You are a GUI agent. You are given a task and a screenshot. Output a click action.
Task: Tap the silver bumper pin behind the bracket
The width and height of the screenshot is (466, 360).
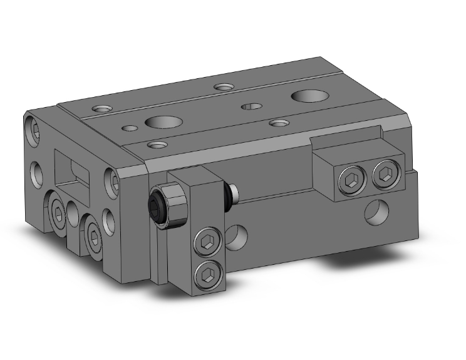pyautogui.click(x=234, y=193)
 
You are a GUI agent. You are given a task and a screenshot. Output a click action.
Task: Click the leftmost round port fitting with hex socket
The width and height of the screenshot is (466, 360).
pyautogui.click(x=57, y=213)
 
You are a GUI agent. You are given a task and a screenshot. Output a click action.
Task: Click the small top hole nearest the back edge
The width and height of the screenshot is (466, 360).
pyautogui.click(x=222, y=86)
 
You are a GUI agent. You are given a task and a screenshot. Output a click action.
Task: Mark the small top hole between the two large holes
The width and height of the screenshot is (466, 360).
pyautogui.click(x=252, y=106)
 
